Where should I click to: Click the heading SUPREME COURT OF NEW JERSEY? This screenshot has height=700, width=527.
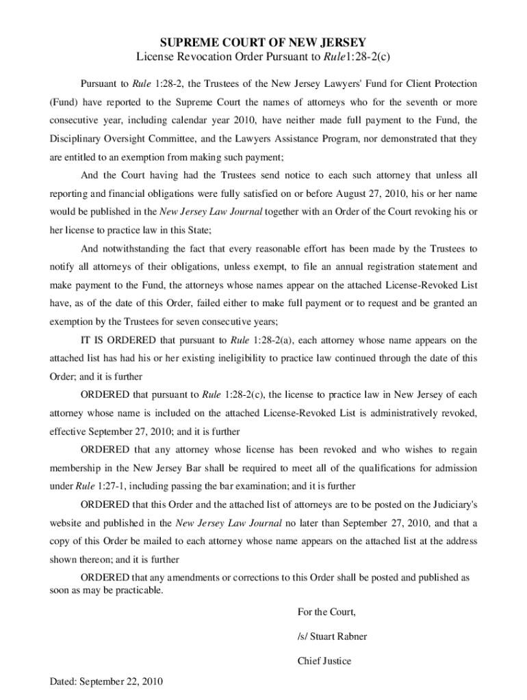pos(263,42)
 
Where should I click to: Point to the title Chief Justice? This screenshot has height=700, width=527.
pos(324,661)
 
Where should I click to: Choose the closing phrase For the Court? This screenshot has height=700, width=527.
pos(326,611)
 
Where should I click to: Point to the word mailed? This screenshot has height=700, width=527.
pos(165,541)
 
